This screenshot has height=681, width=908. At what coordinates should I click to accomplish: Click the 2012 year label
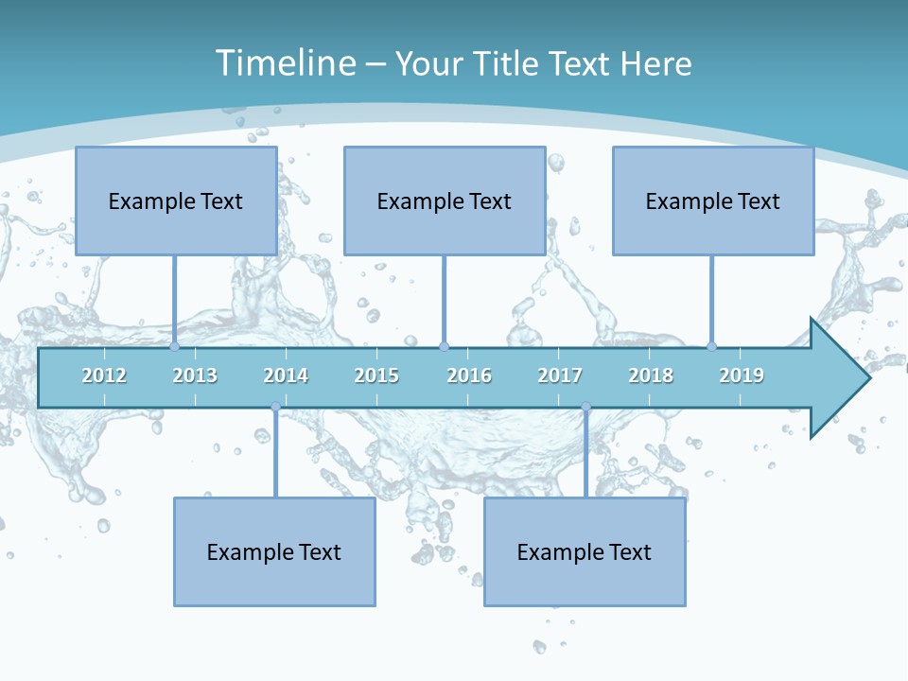(104, 375)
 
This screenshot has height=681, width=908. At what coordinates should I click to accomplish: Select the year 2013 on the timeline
(195, 375)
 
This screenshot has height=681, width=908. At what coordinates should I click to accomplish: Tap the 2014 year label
(286, 375)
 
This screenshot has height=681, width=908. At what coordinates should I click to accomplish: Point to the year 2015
(376, 375)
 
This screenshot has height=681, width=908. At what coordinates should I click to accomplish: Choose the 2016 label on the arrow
(469, 375)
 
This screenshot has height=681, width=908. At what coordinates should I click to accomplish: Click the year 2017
(560, 375)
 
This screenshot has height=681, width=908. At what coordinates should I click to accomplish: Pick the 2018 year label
(651, 375)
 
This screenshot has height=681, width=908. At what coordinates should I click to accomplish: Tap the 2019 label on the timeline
(742, 375)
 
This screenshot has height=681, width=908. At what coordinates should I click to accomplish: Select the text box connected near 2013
(176, 201)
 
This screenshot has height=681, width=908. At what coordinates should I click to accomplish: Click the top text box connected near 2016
(445, 201)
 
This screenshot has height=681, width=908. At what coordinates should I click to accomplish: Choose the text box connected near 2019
(713, 201)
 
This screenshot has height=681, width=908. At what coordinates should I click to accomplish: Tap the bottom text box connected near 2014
(274, 551)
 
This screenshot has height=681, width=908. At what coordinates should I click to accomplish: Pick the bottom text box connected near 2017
(585, 551)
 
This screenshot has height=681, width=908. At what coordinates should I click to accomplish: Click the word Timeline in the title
(285, 63)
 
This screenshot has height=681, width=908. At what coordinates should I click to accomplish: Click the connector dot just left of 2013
(175, 346)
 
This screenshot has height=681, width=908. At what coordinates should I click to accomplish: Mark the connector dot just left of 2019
(711, 346)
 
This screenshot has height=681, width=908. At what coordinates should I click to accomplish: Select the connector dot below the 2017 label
(585, 408)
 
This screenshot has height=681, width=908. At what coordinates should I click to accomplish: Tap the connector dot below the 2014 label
(275, 408)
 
